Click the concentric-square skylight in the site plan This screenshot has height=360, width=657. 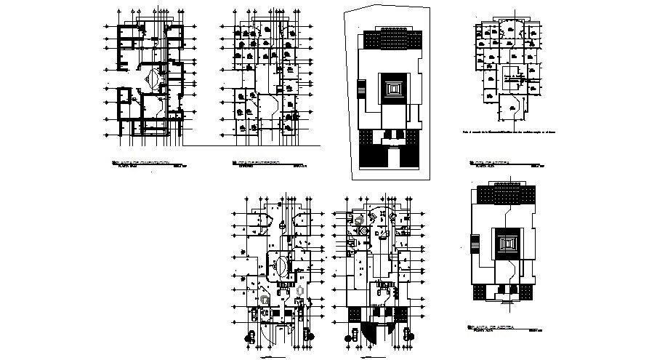point(392,89)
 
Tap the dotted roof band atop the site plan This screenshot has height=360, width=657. point(391,39)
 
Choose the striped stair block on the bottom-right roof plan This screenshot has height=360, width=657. point(475,244)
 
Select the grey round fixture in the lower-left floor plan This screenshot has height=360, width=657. point(265,299)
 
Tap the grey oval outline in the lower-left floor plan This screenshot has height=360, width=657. point(301,290)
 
